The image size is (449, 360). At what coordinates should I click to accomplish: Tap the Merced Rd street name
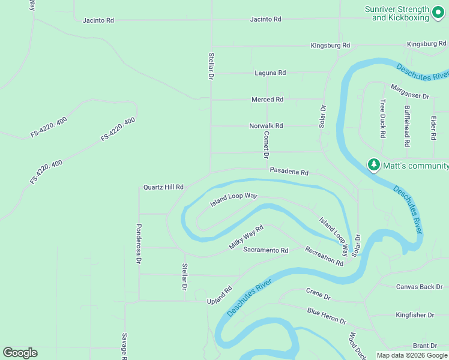tap(267, 100)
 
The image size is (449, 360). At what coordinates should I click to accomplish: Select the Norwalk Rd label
tap(266, 126)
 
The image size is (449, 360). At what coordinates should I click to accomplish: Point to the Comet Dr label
tap(265, 145)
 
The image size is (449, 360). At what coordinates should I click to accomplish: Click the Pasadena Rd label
tap(289, 172)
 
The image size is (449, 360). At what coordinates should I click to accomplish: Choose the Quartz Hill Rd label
tap(163, 187)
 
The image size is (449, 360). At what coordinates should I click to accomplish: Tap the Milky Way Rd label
tap(246, 238)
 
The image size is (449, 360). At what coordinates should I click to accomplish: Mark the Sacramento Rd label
tap(265, 250)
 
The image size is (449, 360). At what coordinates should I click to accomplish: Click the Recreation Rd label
tap(324, 256)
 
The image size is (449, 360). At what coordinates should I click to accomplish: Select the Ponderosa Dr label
tap(139, 244)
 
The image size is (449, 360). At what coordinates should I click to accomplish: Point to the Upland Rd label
tap(220, 294)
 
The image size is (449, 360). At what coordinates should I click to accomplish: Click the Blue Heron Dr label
tap(327, 316)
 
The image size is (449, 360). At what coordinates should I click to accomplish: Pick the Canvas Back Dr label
tap(419, 287)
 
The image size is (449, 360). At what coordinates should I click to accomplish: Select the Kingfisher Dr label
tap(415, 314)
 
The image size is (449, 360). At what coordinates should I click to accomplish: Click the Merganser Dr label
tap(410, 95)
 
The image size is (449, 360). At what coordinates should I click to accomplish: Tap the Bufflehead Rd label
tap(408, 127)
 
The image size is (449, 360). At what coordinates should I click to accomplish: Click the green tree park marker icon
tap(374, 165)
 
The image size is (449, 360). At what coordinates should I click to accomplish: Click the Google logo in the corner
tap(20, 353)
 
